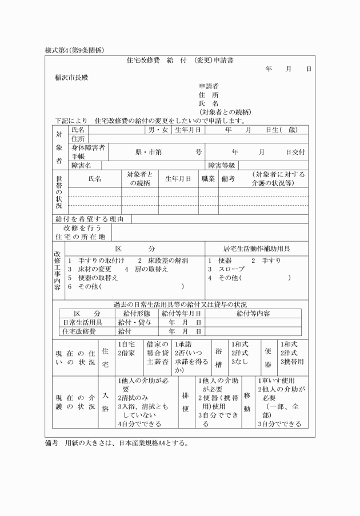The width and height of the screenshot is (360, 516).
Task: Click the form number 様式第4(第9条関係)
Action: [x=74, y=50]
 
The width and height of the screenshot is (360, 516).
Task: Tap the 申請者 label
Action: [x=209, y=86]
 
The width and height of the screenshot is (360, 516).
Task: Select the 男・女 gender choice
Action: [x=158, y=130]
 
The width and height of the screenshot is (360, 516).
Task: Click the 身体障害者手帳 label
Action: [x=88, y=151]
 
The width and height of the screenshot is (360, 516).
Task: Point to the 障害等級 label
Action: [x=222, y=165]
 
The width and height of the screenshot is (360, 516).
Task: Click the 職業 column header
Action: [x=207, y=179]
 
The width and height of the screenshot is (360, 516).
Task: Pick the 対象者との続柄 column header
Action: [x=139, y=179]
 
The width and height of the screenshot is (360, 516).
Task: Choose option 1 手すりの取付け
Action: [x=96, y=261]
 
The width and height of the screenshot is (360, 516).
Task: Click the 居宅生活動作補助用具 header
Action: [x=256, y=249]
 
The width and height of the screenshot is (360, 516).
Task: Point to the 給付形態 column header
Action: [x=135, y=314]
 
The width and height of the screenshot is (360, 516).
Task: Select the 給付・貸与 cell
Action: [x=135, y=322]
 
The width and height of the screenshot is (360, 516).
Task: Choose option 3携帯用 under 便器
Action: [x=292, y=362]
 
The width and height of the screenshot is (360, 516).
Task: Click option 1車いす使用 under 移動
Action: [x=275, y=380]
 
